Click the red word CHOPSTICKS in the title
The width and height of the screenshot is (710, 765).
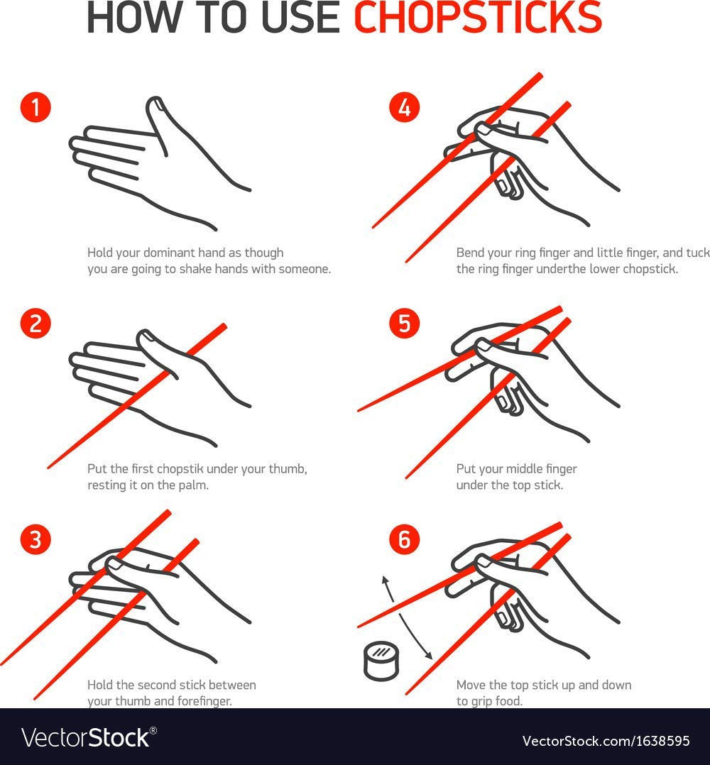pyautogui.click(x=477, y=18)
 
